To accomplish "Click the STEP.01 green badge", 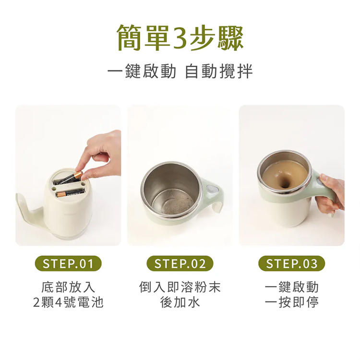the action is coord(68,264).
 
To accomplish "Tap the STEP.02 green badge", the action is coord(180,264).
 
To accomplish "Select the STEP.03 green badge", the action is coord(292,264).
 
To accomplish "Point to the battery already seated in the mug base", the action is coord(70,193).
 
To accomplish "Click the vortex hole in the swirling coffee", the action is coord(285,181).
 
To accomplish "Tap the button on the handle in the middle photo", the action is coord(212,189).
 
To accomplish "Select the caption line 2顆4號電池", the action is coord(68,302).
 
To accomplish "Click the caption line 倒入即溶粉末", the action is coord(180,287).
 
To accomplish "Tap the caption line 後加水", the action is coord(180,302).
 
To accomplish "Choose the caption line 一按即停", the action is coord(292,302).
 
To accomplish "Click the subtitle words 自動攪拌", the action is coord(218,71).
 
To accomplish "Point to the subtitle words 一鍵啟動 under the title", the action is coord(142,71).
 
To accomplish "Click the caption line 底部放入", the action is coord(68,287).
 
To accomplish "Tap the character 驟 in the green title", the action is coord(230,38).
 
